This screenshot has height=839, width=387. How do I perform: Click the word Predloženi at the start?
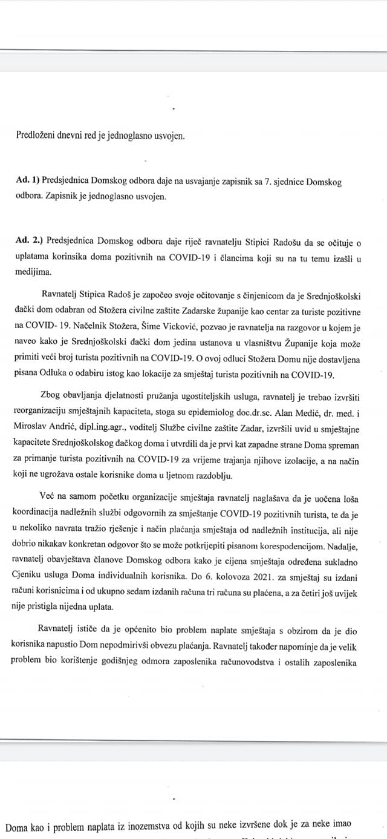pos(36,136)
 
